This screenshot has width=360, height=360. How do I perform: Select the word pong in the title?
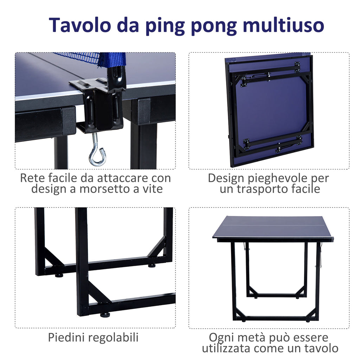[x=213, y=27]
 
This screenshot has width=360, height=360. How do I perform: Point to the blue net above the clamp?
[x=92, y=59]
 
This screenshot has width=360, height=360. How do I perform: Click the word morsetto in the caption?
[x=106, y=189]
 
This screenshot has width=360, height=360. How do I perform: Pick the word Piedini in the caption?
[x=66, y=337]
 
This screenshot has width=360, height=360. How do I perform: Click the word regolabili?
[x=113, y=338]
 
